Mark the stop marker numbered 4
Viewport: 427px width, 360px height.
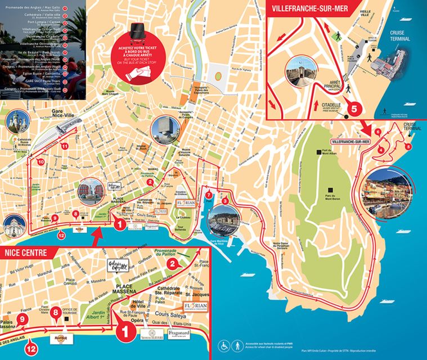[381, 150]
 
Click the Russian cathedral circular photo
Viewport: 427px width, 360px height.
[17, 121]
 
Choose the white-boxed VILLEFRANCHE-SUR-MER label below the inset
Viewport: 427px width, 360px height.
[351, 141]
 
